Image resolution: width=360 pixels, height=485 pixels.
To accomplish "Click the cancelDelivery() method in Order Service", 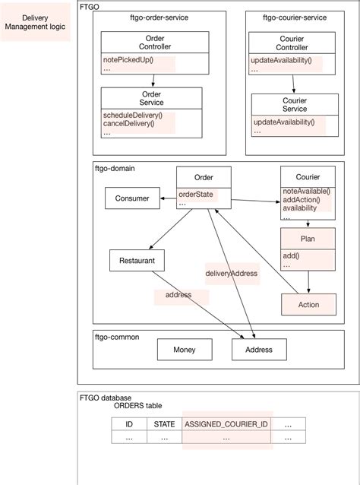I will click(x=128, y=124).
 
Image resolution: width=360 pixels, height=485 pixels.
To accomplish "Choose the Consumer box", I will click(x=132, y=199).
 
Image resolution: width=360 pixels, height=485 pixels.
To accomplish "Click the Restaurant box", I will click(x=137, y=260).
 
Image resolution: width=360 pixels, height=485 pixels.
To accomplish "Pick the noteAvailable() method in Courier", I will click(x=306, y=191).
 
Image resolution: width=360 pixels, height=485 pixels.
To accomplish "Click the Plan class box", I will click(x=308, y=238).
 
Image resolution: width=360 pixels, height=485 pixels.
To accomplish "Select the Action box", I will click(x=308, y=304).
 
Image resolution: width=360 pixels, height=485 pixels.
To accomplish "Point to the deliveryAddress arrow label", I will click(x=232, y=273).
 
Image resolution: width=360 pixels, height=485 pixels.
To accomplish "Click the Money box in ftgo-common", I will click(x=185, y=350).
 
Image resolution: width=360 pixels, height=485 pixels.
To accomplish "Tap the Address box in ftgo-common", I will click(x=258, y=350).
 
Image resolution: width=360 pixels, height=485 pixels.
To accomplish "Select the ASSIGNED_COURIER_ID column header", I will click(x=226, y=424).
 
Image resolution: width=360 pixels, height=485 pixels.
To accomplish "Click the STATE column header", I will click(x=164, y=424).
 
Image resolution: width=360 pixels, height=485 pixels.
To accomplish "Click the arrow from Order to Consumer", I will click(x=168, y=199).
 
